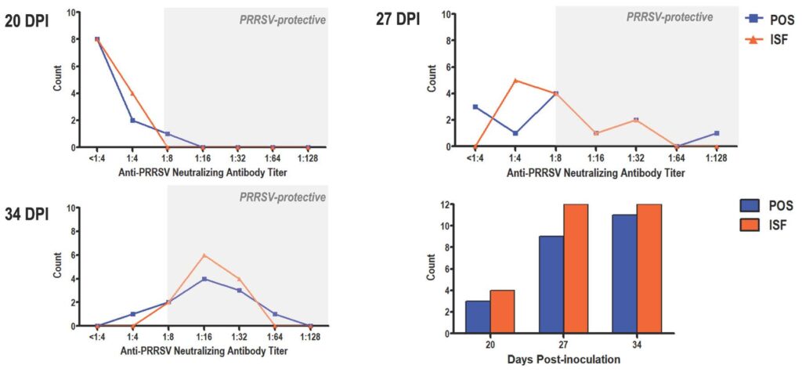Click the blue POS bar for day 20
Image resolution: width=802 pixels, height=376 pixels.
pyautogui.click(x=478, y=316)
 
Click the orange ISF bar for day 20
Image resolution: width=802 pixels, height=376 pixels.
pyautogui.click(x=503, y=312)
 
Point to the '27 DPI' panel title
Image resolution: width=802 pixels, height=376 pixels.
pyautogui.click(x=396, y=20)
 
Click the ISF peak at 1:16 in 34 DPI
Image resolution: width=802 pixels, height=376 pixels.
pyautogui.click(x=204, y=255)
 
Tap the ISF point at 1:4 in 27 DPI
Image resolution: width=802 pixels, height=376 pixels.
pyautogui.click(x=515, y=80)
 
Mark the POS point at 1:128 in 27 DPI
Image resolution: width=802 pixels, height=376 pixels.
pyautogui.click(x=717, y=133)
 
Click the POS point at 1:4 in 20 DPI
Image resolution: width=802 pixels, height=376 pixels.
pyautogui.click(x=133, y=121)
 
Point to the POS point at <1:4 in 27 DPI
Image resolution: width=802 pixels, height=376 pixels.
pyautogui.click(x=475, y=107)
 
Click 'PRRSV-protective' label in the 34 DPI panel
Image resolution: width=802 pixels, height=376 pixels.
pyautogui.click(x=283, y=197)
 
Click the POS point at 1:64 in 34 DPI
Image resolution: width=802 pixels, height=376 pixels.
pyautogui.click(x=275, y=314)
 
